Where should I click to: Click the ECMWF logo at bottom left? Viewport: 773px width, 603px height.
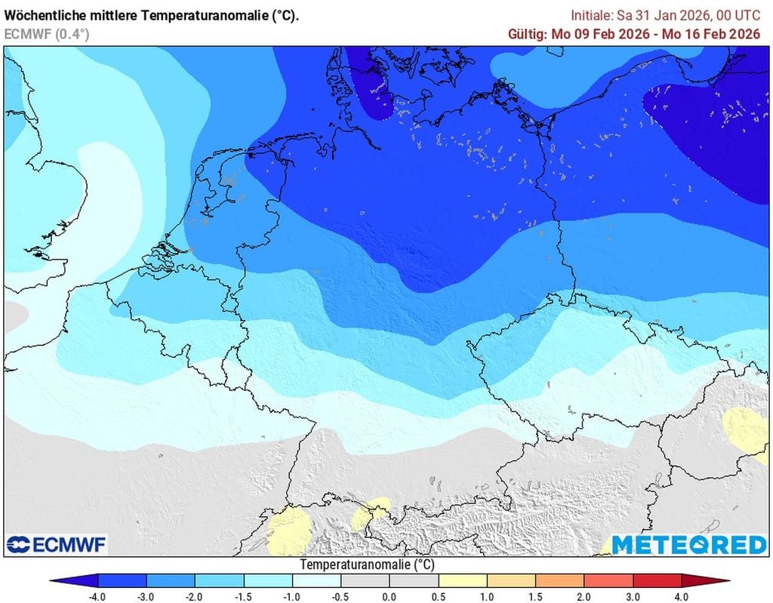[57, 544]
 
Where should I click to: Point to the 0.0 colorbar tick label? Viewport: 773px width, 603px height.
[390, 596]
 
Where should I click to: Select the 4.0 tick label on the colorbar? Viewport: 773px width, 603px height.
[682, 596]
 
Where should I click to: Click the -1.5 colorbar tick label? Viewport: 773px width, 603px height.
[243, 596]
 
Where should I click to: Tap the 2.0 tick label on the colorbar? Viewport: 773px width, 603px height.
[584, 596]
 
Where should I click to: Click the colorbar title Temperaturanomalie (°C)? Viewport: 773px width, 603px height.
[368, 565]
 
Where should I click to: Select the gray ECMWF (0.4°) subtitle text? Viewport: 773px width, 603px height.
[46, 33]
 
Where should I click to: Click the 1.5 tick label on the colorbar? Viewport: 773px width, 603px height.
[536, 596]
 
